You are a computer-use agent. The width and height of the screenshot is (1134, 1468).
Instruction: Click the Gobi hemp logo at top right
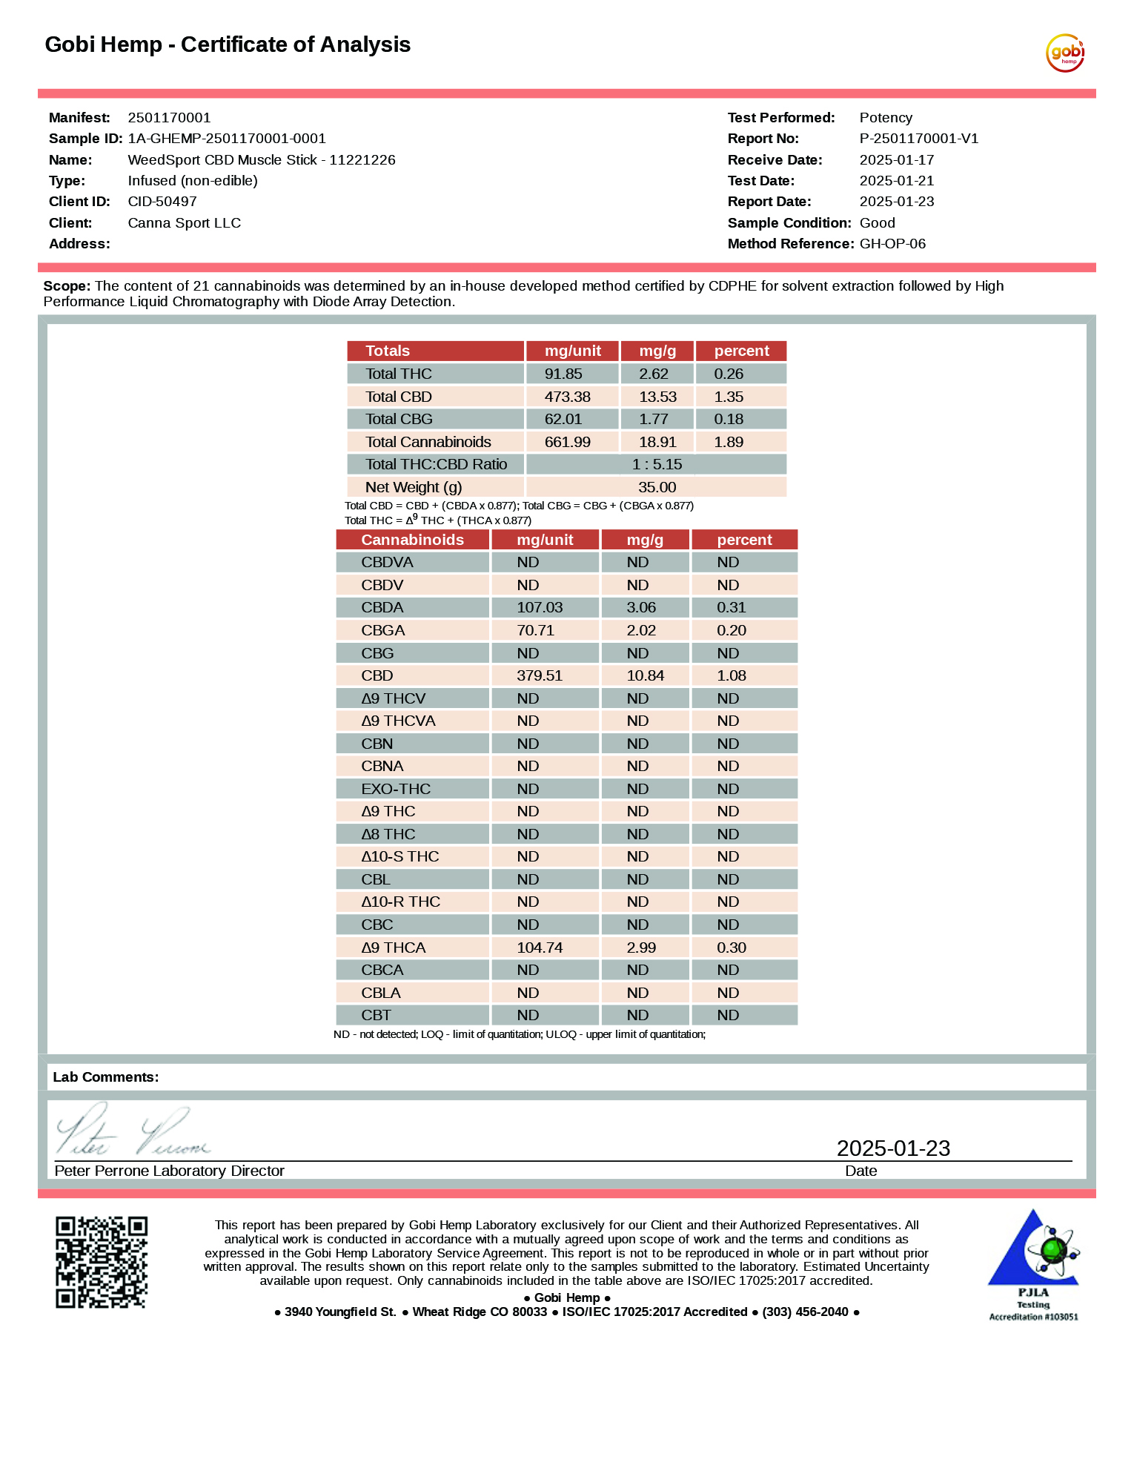(x=1065, y=53)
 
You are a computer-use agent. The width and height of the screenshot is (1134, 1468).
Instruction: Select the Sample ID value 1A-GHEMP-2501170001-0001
(x=227, y=139)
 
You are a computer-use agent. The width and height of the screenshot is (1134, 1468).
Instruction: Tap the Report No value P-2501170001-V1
(x=918, y=139)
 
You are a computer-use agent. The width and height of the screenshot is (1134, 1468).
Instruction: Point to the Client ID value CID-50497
(x=162, y=202)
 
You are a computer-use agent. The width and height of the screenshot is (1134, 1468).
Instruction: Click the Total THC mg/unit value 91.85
(x=563, y=374)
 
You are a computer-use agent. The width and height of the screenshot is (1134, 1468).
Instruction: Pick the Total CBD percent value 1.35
(x=729, y=397)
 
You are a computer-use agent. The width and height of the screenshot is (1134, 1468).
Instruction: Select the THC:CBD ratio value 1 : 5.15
(x=657, y=464)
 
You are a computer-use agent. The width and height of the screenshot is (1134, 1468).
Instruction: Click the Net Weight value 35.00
(x=657, y=487)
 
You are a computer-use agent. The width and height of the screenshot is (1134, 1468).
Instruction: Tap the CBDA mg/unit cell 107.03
(x=540, y=607)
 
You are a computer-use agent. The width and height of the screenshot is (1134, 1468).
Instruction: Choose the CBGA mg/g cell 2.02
(x=641, y=630)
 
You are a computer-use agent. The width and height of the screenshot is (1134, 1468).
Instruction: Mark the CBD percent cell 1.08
(x=731, y=675)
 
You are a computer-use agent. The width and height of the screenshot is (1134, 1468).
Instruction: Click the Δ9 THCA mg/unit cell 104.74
(x=540, y=948)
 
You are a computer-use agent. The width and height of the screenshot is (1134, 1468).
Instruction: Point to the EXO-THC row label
(x=396, y=789)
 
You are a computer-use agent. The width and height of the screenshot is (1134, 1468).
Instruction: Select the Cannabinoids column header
(x=412, y=540)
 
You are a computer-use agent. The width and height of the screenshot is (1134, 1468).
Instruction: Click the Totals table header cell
(x=388, y=351)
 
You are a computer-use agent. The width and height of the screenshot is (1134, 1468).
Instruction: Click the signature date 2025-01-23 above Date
(x=893, y=1148)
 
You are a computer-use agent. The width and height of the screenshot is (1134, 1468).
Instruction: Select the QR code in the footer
(x=102, y=1262)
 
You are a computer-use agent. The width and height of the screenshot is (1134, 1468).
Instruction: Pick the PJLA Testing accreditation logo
(x=1033, y=1264)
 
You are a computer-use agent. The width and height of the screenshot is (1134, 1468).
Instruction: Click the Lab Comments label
(x=106, y=1077)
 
